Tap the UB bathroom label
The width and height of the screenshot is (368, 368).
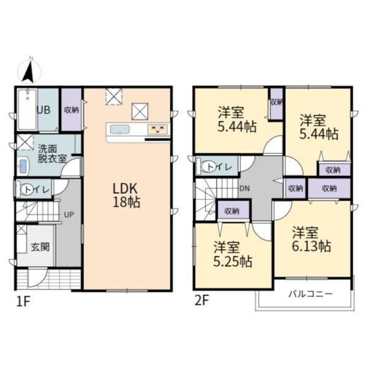(44, 110)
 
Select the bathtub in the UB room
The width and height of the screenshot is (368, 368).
(28, 109)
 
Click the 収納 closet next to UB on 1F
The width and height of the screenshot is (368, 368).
(71, 110)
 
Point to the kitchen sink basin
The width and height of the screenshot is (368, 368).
(120, 129)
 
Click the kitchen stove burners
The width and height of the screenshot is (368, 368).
(157, 129)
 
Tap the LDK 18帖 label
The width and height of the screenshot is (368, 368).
(126, 195)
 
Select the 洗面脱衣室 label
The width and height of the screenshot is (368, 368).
(52, 154)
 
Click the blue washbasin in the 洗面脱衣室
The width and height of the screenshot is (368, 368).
(23, 166)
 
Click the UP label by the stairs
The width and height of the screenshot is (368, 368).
(69, 215)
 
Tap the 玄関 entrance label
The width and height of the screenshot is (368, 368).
(40, 247)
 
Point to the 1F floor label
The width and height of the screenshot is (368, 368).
(23, 302)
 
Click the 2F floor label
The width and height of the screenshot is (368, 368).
(202, 301)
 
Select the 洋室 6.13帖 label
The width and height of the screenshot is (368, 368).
(311, 239)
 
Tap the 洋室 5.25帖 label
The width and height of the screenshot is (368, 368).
(232, 254)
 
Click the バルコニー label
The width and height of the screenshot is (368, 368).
(310, 294)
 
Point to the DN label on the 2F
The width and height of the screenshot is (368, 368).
(245, 188)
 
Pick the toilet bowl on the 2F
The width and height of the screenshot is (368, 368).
(209, 167)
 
